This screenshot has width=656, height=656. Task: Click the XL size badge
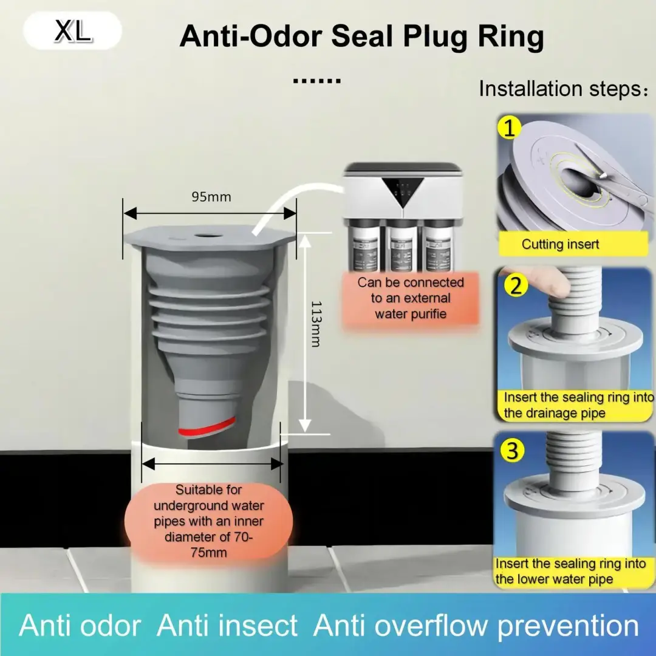(x=72, y=30)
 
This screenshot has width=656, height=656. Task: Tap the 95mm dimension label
(x=211, y=197)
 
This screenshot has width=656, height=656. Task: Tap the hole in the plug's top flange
(x=208, y=236)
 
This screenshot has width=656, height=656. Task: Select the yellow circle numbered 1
(x=510, y=128)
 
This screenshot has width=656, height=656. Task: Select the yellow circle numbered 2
(x=516, y=285)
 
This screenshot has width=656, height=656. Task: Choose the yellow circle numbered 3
(x=513, y=451)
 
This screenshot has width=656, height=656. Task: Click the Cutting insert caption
(x=560, y=244)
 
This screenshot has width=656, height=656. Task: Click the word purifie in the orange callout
(x=425, y=314)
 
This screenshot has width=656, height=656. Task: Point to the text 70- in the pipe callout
(x=242, y=536)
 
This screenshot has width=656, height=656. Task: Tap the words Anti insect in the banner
(x=227, y=626)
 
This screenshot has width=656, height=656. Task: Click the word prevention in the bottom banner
(x=568, y=626)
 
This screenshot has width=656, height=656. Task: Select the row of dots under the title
(x=317, y=81)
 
